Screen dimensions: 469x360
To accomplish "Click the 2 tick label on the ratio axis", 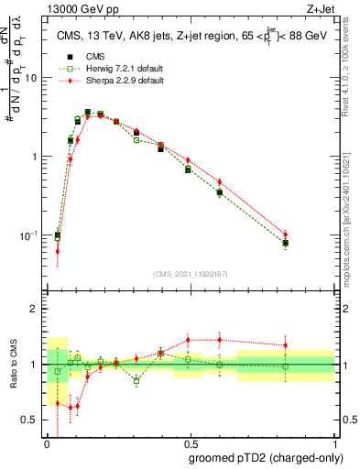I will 38,310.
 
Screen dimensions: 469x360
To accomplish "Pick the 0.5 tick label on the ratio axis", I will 34,421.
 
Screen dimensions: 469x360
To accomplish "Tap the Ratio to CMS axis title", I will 12,366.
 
